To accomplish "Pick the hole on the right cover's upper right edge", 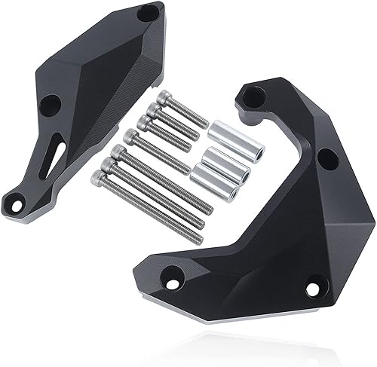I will [x=327, y=160].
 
